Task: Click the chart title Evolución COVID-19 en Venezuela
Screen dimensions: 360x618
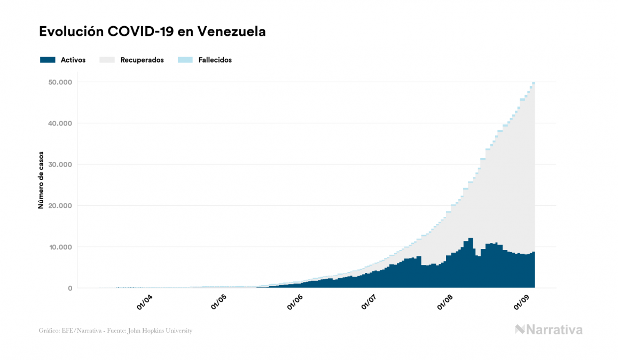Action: tap(152, 32)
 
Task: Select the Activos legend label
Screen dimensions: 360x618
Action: tap(73, 60)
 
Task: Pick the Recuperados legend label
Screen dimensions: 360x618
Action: tap(142, 60)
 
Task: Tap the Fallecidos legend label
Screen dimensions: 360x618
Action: tap(215, 60)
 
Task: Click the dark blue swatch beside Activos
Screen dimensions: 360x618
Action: tap(48, 60)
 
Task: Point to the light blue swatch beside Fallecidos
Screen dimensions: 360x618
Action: tap(184, 60)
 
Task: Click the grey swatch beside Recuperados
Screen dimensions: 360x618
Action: tap(107, 60)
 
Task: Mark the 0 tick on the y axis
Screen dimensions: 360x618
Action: tap(69, 288)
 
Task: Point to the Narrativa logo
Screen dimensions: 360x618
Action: tap(549, 330)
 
